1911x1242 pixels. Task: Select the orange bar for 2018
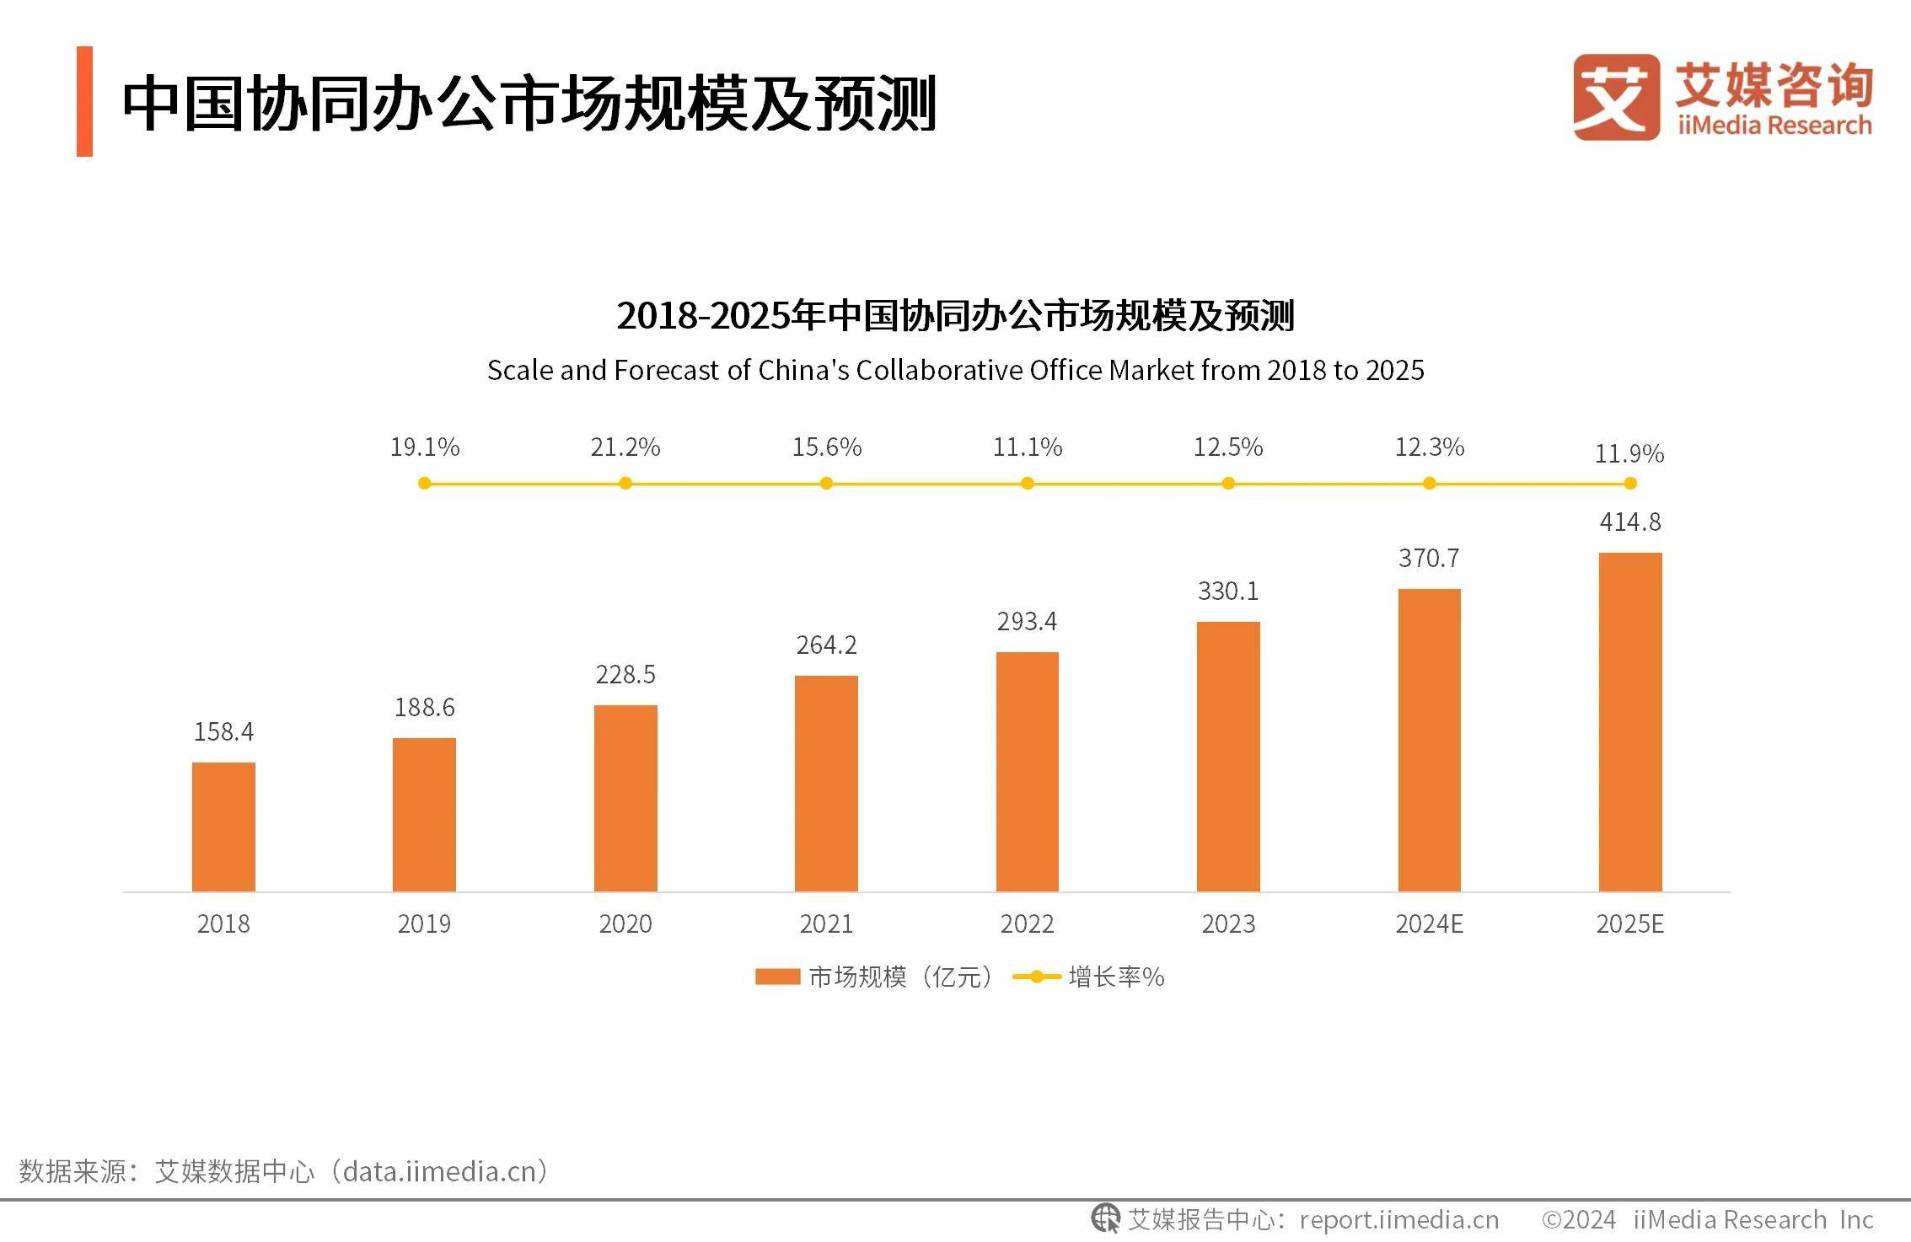pos(223,827)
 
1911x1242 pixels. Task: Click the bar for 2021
pos(826,783)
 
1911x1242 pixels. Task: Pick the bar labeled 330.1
pos(1228,756)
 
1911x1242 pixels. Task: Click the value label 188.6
pos(424,708)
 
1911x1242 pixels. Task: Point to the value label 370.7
pos(1429,559)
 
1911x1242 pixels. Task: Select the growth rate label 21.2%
pos(625,447)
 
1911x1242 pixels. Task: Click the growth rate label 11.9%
pos(1629,454)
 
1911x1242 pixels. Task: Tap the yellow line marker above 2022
pos(1027,484)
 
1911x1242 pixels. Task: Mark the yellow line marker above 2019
pos(424,484)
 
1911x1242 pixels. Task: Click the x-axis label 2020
pos(625,924)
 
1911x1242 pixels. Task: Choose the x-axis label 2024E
pos(1429,924)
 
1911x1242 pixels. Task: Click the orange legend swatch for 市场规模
pos(777,977)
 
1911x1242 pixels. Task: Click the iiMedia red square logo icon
pos(1615,97)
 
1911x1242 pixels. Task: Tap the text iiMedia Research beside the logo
pos(1774,126)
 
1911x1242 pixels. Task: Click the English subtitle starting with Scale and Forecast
pos(955,371)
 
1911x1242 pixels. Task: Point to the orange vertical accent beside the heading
pos(84,101)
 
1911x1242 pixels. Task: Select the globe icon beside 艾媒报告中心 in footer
pos(1104,1218)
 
